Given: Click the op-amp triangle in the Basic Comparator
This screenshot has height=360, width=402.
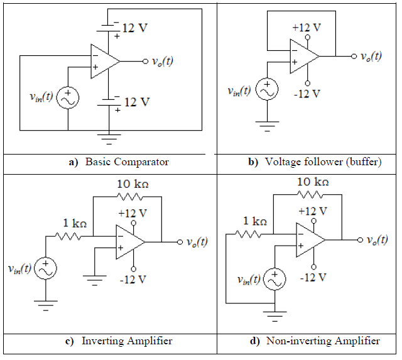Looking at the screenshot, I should tap(103, 62).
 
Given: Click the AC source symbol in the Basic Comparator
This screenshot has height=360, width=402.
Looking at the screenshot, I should tap(67, 99).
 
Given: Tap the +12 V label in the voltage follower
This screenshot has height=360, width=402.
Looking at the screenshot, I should tap(307, 28).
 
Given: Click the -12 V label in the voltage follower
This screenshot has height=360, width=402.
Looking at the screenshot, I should tap(306, 94).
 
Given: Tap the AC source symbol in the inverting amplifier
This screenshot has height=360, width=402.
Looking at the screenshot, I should tap(46, 268).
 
